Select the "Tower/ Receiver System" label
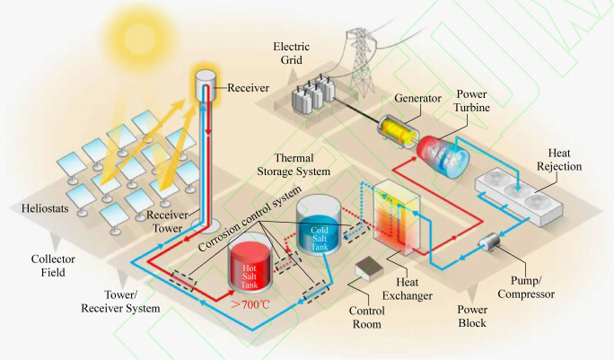[131, 301]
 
